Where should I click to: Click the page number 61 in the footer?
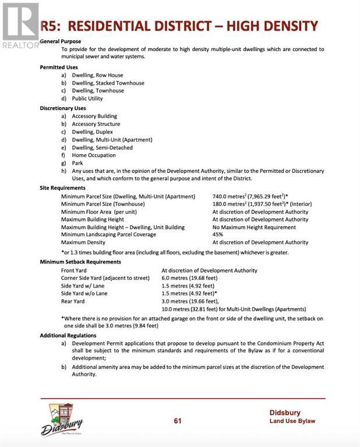[179, 421]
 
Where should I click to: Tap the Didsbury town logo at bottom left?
[62, 420]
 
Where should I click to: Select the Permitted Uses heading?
[58, 68]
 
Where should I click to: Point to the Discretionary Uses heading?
[62, 108]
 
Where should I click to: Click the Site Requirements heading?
[62, 188]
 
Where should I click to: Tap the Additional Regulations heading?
[68, 336]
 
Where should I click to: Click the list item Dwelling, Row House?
[97, 75]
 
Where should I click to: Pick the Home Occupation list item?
[93, 155]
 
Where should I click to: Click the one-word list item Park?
[77, 164]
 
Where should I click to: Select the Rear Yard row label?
[73, 301]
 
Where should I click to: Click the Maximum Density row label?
[83, 242]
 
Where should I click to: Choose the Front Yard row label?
[73, 271]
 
